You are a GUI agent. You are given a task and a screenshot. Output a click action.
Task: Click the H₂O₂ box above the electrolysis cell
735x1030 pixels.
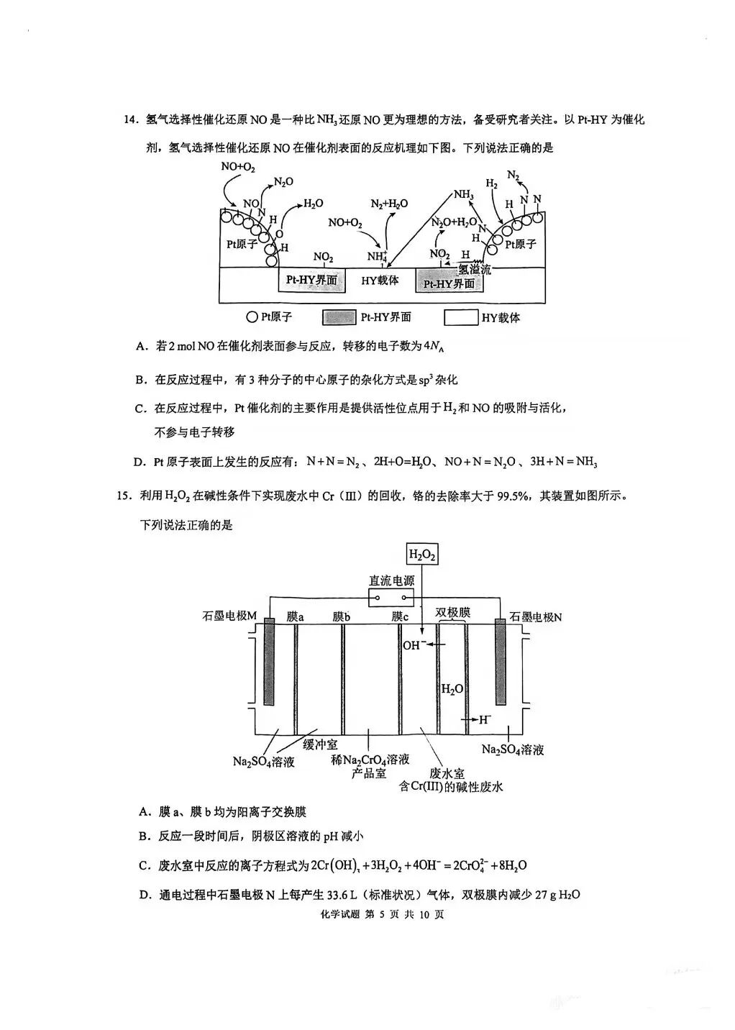point(422,554)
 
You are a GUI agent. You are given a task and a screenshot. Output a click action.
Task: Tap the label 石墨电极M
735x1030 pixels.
point(230,616)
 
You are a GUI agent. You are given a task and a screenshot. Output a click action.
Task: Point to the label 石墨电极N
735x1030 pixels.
point(536,616)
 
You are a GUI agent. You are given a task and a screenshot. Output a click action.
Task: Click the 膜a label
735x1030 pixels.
point(295,616)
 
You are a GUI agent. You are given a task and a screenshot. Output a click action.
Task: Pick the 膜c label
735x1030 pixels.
point(400,616)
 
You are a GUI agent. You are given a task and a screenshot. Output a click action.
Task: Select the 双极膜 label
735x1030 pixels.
point(452,612)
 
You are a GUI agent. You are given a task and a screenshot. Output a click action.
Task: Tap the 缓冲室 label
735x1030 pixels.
point(320,745)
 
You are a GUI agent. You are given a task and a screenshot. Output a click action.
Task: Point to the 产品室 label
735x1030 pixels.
point(369,773)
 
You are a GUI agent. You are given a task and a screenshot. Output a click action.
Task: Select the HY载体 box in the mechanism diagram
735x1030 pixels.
point(380,281)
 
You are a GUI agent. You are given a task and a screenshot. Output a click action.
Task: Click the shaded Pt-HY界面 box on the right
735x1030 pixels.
point(449,283)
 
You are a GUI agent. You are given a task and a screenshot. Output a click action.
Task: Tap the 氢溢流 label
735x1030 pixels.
point(475,270)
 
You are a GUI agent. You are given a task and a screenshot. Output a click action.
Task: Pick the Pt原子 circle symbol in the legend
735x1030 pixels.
point(251,316)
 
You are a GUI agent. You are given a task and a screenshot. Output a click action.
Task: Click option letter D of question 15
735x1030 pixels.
point(143,895)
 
